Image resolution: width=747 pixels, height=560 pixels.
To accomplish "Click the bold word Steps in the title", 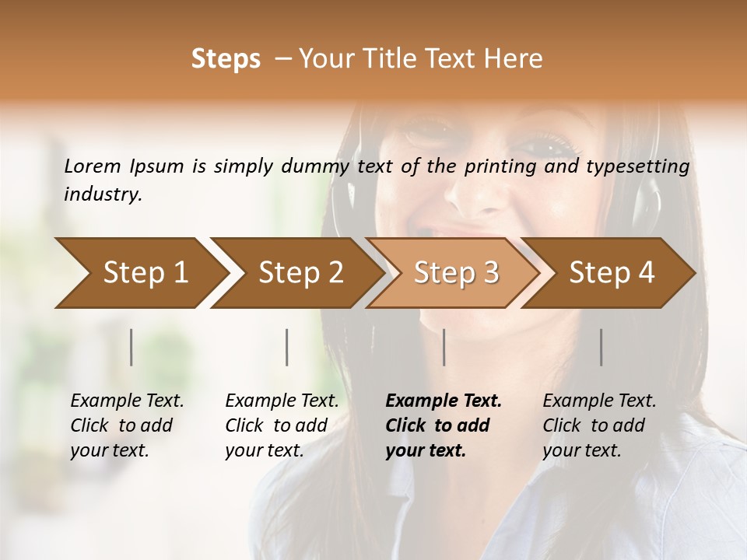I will [226, 59].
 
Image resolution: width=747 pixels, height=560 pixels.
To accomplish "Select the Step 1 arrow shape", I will [140, 272].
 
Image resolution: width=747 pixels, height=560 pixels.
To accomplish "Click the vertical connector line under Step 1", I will [131, 347].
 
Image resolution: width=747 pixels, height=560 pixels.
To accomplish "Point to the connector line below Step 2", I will [287, 347].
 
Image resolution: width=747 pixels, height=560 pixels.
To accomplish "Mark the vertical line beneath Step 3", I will [444, 347].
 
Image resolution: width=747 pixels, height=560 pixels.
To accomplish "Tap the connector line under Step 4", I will [601, 347].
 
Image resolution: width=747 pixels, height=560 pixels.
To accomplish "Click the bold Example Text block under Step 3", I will [444, 425].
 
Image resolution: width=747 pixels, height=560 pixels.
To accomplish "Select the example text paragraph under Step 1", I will [127, 425].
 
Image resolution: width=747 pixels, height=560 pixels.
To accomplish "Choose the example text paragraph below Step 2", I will [282, 425].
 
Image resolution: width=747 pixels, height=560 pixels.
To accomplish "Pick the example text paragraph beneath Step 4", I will [599, 425].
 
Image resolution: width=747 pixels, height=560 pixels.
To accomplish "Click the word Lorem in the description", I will [93, 166].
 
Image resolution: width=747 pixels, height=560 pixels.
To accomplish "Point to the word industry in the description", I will [103, 194].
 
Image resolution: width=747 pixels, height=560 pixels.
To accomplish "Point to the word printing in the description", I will [497, 166].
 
